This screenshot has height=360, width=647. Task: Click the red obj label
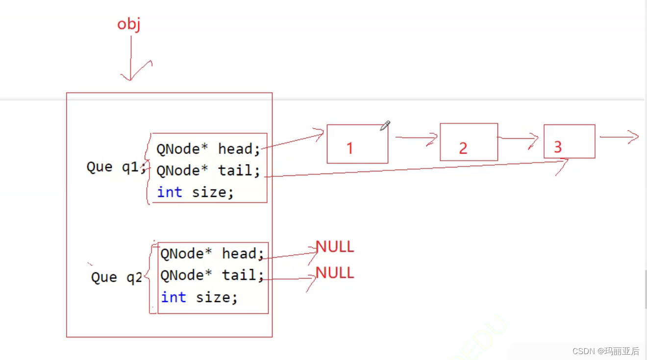(129, 24)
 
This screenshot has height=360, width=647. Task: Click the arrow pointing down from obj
(131, 59)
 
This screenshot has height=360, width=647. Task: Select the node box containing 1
(357, 144)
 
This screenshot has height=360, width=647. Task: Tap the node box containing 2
(469, 142)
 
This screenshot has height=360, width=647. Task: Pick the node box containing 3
(569, 141)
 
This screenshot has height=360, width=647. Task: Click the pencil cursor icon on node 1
(385, 126)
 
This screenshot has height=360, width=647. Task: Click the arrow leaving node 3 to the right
(619, 137)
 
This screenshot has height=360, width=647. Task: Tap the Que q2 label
(116, 278)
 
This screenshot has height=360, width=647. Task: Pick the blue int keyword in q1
(170, 192)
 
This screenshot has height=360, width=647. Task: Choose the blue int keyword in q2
(174, 297)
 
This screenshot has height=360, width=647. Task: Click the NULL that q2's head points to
(335, 247)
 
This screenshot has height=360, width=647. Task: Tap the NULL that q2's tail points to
(335, 273)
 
